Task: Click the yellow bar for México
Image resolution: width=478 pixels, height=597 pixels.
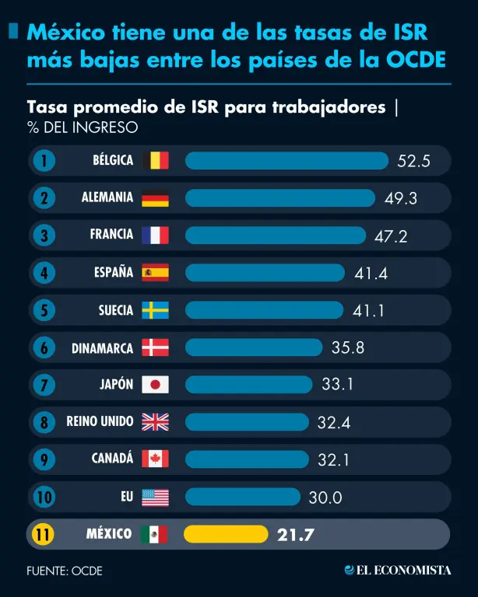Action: point(226,534)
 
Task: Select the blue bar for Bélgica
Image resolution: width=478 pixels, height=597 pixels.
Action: point(286,160)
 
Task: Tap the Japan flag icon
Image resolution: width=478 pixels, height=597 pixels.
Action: point(155,385)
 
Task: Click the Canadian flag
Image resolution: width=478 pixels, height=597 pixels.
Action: point(155,459)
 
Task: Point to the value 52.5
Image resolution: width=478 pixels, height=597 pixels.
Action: point(413,161)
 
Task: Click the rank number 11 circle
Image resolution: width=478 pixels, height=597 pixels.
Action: point(44,534)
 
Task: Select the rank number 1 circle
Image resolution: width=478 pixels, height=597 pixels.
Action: point(44,160)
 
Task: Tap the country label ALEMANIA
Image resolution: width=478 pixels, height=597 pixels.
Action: point(107,197)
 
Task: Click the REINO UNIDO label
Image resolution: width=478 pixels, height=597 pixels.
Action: point(100,421)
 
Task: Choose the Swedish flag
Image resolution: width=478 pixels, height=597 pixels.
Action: point(155,310)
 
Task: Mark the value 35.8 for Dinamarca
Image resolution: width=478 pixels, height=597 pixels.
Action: point(348,347)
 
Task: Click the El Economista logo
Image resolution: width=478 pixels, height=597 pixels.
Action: point(398,571)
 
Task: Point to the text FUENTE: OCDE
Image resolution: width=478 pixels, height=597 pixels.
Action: point(65,571)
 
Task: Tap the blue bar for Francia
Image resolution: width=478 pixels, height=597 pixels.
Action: point(275,235)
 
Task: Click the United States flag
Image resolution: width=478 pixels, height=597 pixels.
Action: point(155,497)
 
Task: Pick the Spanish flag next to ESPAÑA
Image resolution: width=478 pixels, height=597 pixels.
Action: point(155,272)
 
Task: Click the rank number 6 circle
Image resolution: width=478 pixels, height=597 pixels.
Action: point(44,347)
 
